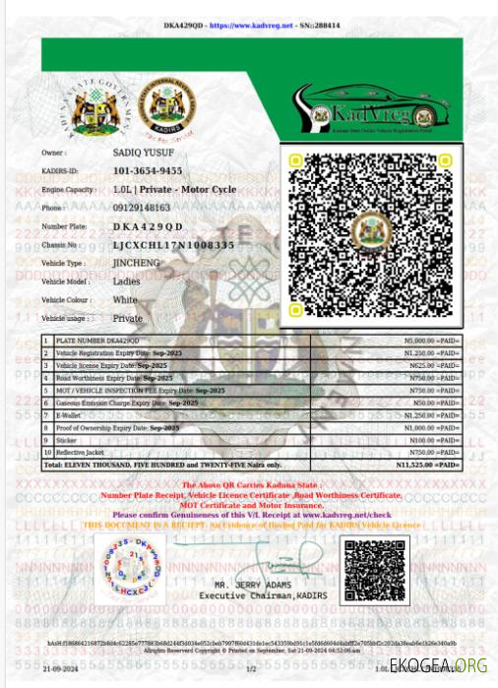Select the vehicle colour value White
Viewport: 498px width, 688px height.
pyautogui.click(x=125, y=300)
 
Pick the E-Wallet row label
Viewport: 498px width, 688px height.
pyautogui.click(x=69, y=416)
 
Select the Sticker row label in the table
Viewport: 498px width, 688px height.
pyautogui.click(x=66, y=441)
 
